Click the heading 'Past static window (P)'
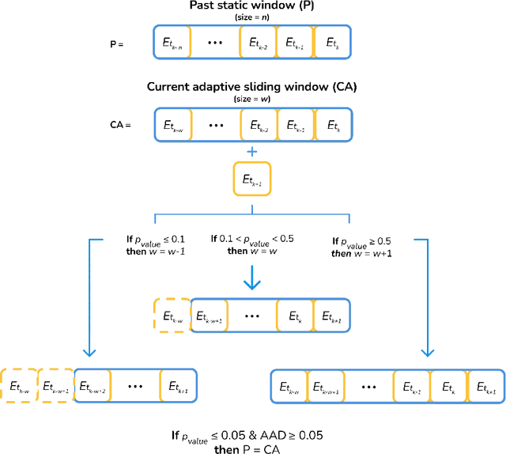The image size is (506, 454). pos(252,6)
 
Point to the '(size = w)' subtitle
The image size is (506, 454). pos(252,97)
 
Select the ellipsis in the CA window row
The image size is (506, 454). pos(213,125)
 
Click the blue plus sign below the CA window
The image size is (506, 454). pos(252,151)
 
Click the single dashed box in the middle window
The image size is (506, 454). pos(172,316)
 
